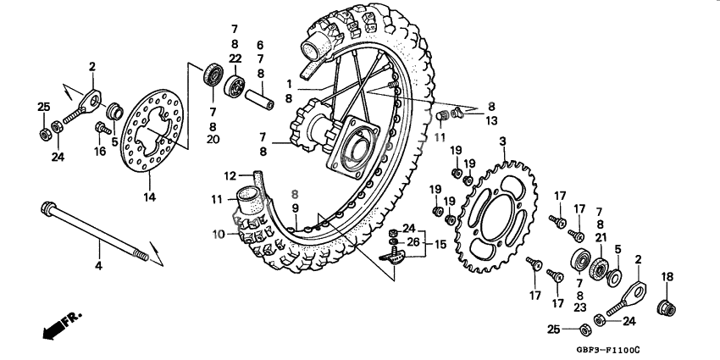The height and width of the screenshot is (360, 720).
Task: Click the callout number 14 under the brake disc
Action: click(x=149, y=197)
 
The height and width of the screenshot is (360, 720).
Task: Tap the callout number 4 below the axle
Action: click(x=98, y=267)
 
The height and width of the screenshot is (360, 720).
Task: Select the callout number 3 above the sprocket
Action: click(x=502, y=141)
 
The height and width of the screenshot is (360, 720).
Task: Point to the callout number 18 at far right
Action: click(x=667, y=276)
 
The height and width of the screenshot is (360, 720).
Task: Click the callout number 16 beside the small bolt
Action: click(x=99, y=152)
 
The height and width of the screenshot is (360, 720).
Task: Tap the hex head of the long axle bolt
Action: click(x=47, y=208)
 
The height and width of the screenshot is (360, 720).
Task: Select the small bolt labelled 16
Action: click(x=102, y=129)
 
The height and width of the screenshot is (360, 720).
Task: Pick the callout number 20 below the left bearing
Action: click(x=213, y=138)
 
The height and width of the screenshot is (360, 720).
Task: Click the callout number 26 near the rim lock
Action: click(x=413, y=243)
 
